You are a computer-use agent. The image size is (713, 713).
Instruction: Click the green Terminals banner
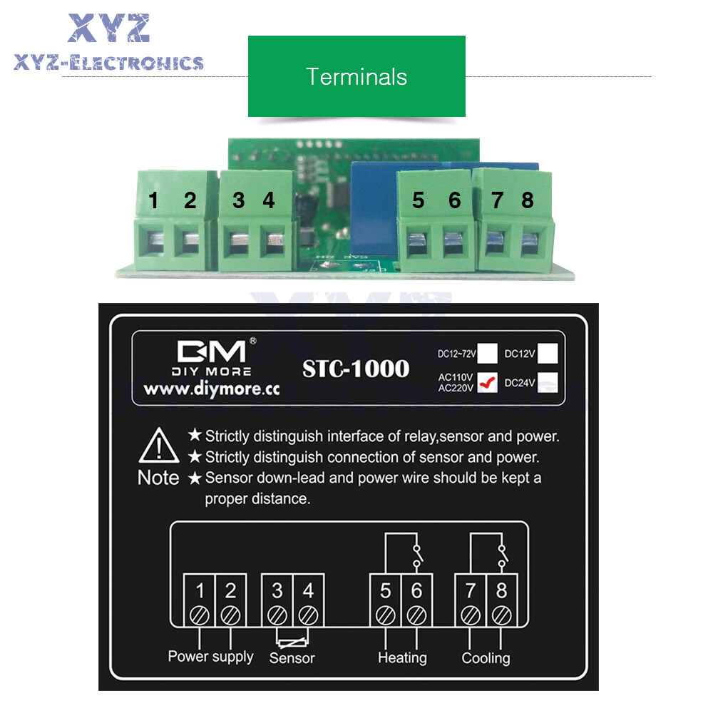tap(356, 76)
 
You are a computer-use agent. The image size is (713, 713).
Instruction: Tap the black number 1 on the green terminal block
tap(153, 201)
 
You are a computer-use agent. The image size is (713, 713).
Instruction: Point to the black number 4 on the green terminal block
tap(268, 201)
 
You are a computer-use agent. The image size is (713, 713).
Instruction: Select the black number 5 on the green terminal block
tap(418, 201)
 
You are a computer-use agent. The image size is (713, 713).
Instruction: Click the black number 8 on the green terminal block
tap(527, 201)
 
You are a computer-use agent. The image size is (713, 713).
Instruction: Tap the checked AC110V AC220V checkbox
tap(488, 384)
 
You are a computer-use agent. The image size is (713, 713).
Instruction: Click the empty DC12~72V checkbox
tap(488, 353)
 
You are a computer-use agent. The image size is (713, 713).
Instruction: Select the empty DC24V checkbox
tap(548, 383)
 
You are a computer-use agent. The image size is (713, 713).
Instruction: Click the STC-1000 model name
tap(356, 369)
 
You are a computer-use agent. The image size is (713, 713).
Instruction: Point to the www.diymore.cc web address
tap(211, 389)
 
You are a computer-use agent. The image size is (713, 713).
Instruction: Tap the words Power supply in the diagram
tap(210, 656)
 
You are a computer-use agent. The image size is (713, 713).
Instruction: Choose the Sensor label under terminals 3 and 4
tap(292, 657)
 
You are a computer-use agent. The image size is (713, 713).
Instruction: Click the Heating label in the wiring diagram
tap(402, 657)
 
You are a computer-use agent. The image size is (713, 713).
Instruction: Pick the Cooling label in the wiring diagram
tap(486, 657)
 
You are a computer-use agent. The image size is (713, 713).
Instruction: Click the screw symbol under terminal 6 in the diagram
tap(417, 614)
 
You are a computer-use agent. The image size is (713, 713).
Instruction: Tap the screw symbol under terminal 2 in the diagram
tap(230, 614)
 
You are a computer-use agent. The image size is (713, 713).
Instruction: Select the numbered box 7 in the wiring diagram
tap(471, 591)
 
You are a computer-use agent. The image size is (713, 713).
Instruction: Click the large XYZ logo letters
tap(108, 29)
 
